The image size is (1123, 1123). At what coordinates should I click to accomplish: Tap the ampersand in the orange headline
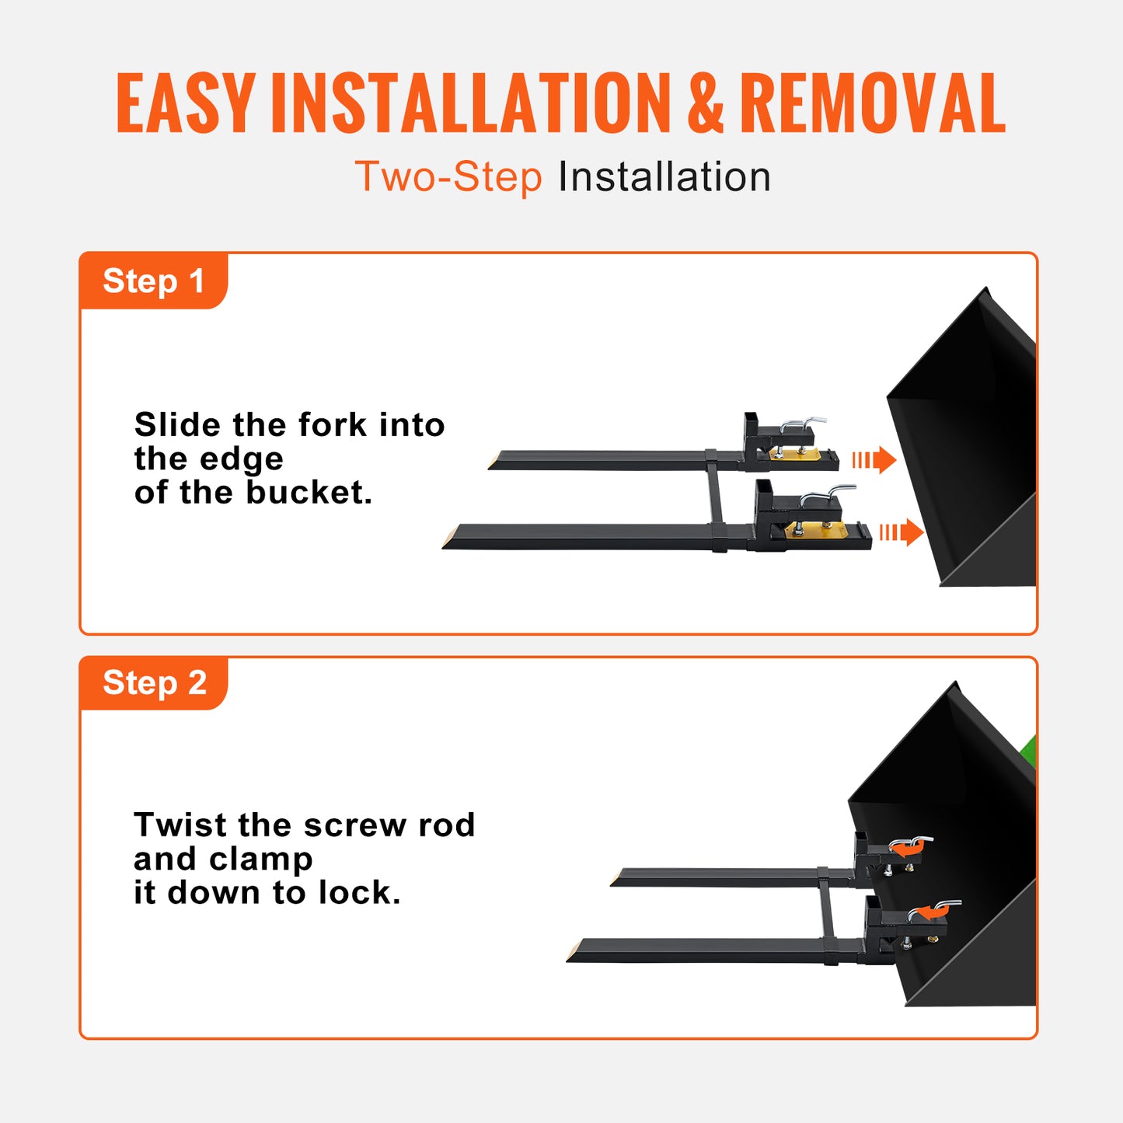click(x=705, y=103)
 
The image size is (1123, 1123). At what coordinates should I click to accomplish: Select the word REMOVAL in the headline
click(x=872, y=103)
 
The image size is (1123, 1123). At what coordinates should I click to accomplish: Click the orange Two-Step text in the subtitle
click(x=448, y=177)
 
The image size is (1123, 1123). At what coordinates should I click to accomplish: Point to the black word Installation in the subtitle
click(x=664, y=177)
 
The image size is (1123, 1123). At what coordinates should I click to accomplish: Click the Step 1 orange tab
click(x=153, y=281)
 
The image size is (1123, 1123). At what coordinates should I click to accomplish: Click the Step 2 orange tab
click(x=154, y=683)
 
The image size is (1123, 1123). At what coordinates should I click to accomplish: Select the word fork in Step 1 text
click(x=332, y=425)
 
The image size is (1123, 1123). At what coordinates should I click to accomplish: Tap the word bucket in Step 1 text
click(x=309, y=493)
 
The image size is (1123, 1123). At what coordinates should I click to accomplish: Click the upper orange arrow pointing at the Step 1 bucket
click(x=875, y=460)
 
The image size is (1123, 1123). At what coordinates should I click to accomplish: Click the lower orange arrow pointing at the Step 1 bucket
click(x=902, y=532)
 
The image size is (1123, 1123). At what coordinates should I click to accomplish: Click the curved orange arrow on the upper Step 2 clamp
click(x=905, y=849)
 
